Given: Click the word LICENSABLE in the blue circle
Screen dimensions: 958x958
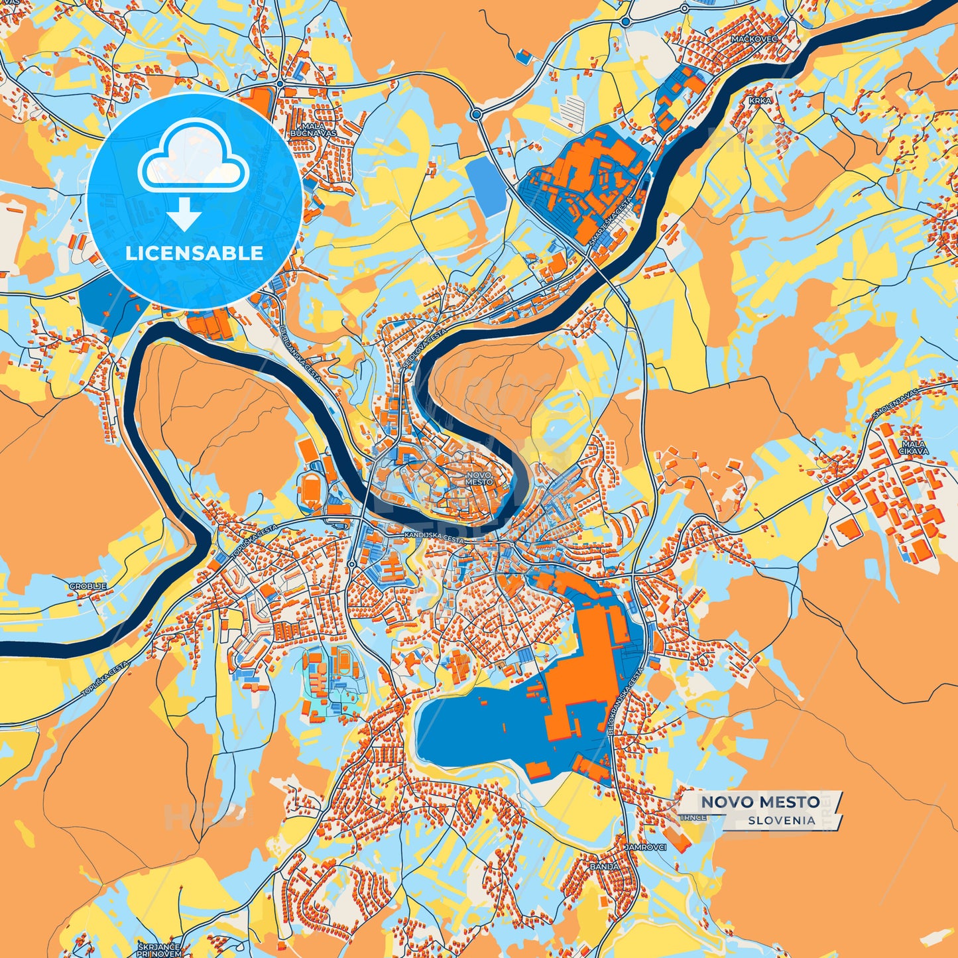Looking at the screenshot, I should tap(194, 253).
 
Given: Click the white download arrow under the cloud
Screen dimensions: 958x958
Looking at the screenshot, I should tap(184, 214).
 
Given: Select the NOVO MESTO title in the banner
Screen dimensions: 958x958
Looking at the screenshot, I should tap(760, 802).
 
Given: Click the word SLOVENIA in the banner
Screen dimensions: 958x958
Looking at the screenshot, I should tap(782, 820).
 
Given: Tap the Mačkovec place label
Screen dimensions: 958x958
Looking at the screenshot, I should tap(754, 39).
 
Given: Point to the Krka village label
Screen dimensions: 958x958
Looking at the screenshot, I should tap(760, 101).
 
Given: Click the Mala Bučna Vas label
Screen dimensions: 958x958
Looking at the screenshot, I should tap(313, 129).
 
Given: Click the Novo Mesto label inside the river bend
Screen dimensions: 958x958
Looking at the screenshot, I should tap(479, 478).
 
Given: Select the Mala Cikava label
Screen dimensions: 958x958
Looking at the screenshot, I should tap(913, 448).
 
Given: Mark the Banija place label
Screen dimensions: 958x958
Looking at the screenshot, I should tap(604, 867).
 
